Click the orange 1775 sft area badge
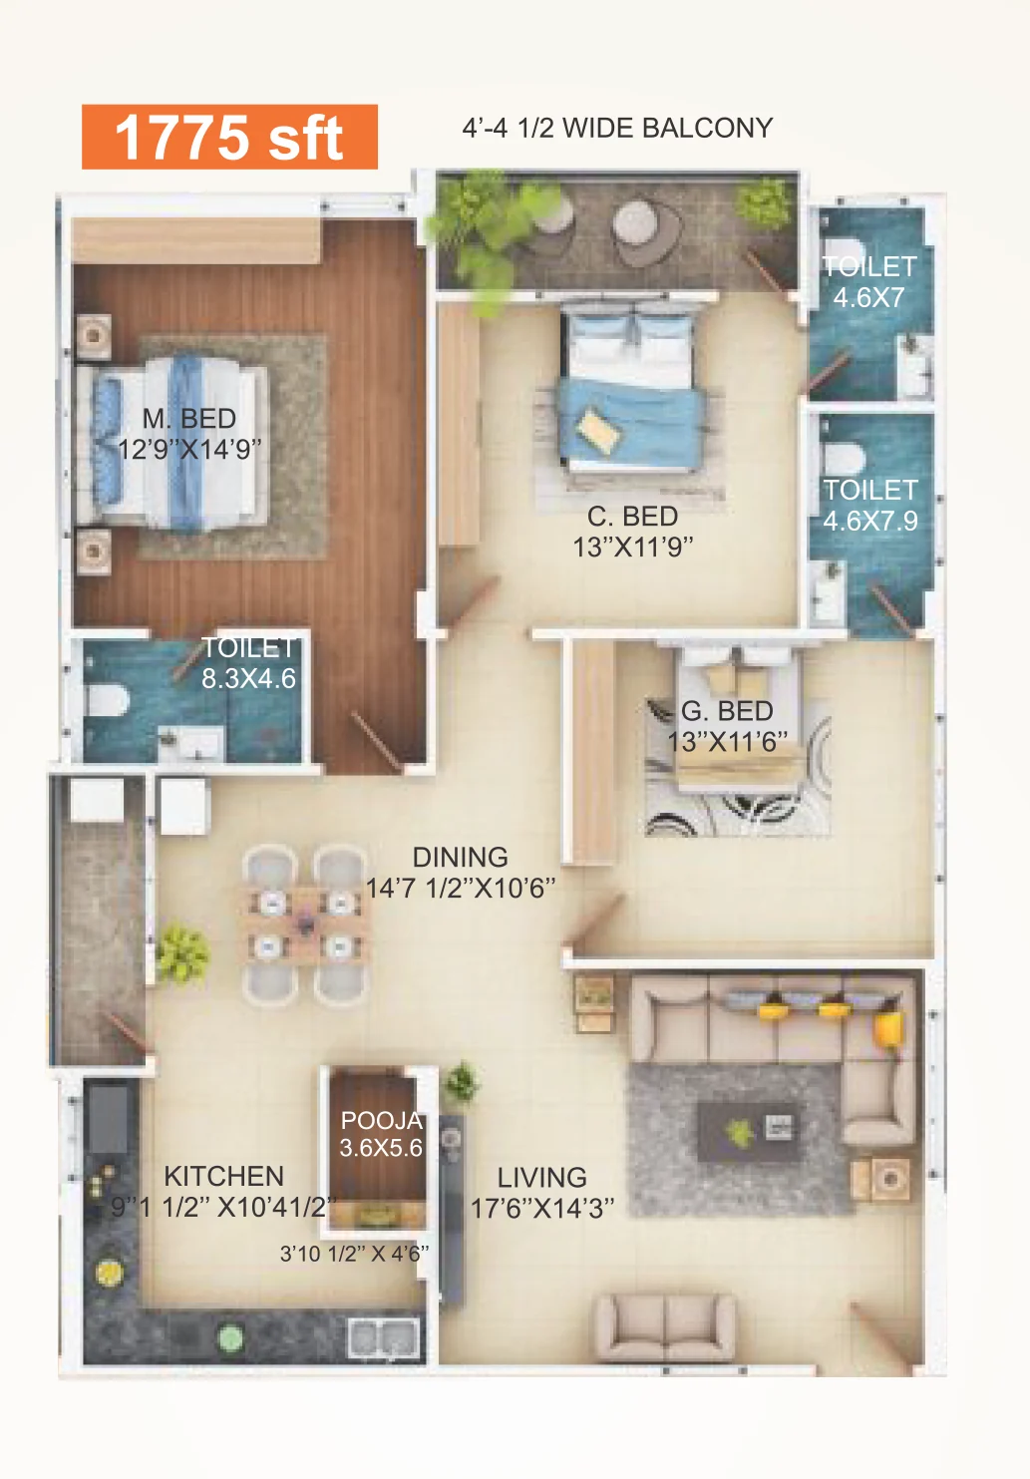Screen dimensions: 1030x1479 point(229,137)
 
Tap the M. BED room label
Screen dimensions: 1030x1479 point(189,419)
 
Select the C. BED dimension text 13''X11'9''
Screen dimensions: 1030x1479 point(632,547)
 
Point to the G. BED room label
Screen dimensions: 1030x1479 point(727,711)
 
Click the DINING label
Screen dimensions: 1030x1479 point(461,857)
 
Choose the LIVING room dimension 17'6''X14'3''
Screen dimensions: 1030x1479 point(542,1208)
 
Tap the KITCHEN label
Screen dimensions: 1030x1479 point(223,1176)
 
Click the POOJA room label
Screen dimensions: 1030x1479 point(381,1120)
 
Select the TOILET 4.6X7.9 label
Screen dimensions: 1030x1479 point(870,505)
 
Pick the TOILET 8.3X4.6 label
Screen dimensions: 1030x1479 point(248,663)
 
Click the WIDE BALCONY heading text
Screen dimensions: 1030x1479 point(667,128)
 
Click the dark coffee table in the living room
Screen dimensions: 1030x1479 point(749,1132)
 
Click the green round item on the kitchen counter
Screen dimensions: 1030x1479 point(229,1338)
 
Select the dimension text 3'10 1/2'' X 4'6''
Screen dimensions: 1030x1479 point(355,1253)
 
